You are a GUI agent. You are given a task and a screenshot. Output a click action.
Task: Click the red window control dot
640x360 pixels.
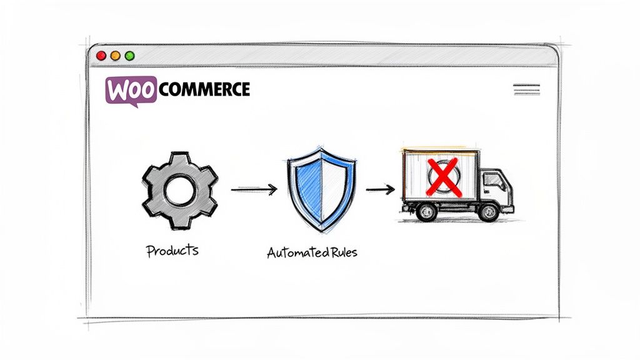point(101,56)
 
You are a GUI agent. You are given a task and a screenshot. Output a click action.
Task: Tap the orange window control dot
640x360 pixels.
point(115,56)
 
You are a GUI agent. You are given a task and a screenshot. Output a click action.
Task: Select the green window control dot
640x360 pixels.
point(129,56)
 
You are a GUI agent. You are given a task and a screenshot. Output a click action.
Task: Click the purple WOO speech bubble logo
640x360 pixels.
point(131,90)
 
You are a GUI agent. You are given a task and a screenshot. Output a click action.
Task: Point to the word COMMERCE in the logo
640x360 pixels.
point(204,89)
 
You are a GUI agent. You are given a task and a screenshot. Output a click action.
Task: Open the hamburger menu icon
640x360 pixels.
point(526,89)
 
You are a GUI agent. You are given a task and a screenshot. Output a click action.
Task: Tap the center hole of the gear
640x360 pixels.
point(179,191)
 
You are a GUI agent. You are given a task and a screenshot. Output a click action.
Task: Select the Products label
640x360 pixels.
point(172,251)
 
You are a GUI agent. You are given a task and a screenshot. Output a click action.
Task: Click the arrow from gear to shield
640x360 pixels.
point(254,189)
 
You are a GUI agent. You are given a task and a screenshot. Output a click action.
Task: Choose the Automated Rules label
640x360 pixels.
point(312,254)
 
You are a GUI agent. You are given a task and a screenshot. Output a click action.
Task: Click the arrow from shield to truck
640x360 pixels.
point(380,189)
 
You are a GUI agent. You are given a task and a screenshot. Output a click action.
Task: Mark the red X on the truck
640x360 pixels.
point(442,176)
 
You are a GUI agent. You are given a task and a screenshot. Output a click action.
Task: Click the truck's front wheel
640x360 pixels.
point(488,212)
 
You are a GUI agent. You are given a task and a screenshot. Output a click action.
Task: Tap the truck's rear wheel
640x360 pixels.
point(426,212)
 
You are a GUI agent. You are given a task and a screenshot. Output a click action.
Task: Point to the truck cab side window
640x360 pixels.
point(493,182)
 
